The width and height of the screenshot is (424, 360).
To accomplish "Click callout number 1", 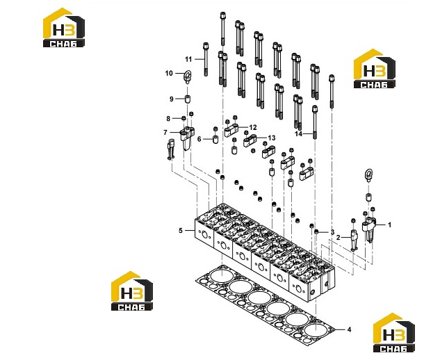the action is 389,224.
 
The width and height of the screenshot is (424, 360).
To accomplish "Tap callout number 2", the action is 338,238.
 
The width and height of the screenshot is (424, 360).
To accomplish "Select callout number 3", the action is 333,232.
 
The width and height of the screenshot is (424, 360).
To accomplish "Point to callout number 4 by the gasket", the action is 349,329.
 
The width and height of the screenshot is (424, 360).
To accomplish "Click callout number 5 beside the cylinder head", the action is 181,230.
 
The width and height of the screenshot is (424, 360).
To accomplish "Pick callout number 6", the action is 199,139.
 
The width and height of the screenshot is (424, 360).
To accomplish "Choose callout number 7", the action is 165,133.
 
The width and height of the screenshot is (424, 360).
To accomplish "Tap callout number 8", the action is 168,118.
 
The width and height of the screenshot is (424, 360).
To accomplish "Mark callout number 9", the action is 172,99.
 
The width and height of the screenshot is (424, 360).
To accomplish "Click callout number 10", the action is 169,73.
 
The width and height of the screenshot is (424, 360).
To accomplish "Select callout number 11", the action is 188,59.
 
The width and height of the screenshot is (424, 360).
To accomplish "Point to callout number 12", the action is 253,127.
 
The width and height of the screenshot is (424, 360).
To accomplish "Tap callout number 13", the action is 272,138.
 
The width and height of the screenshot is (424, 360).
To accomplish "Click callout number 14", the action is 298,133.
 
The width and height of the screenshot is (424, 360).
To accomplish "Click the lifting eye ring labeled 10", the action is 187,76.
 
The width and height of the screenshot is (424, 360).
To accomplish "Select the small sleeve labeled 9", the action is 187,99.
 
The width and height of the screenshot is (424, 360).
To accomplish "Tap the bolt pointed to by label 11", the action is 206,59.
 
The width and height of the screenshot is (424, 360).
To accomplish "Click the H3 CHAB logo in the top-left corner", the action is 64,28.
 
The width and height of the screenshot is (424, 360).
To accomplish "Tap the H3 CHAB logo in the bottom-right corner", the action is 393,333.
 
